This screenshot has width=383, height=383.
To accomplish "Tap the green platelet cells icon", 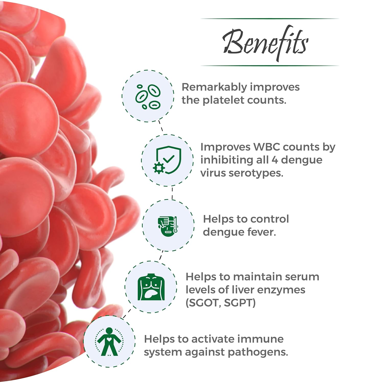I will pos(148,97).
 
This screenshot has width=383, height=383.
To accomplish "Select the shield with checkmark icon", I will pos(167,160).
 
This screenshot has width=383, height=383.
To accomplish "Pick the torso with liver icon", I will pos(151,287).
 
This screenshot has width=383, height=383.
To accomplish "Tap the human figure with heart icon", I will pos(109,342).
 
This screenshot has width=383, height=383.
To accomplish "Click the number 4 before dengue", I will pos(274,160).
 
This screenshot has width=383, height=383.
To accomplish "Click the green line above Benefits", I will pos(269,19).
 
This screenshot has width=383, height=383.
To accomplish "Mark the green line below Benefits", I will pos(269,66).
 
